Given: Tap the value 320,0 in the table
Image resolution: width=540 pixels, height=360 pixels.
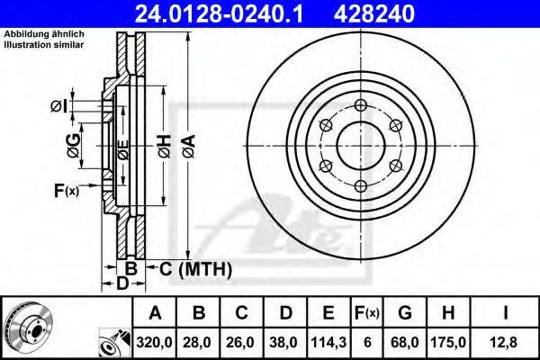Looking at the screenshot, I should coord(156,342).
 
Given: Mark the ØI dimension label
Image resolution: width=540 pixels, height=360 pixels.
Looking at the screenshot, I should coord(59,107).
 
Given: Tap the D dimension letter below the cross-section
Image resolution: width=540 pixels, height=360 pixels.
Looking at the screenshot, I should coord(121,284).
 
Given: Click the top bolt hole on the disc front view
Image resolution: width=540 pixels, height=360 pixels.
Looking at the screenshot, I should coord(361,104).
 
